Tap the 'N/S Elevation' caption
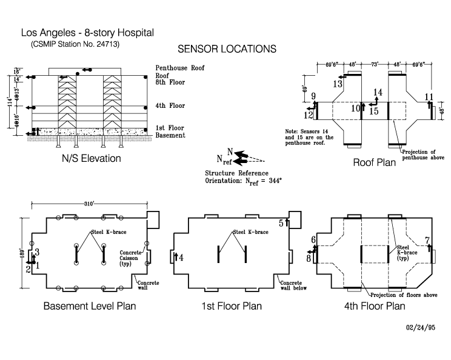[91, 159]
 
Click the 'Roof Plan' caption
[375, 162]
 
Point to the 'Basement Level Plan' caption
[89, 306]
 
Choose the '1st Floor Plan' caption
[232, 306]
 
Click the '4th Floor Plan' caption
[373, 306]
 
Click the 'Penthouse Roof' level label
[180, 67]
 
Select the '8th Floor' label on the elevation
[170, 82]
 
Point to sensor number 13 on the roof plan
[338, 84]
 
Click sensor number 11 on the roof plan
[429, 97]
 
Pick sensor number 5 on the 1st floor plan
[281, 223]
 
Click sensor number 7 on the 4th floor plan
[427, 241]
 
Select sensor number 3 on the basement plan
[37, 251]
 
